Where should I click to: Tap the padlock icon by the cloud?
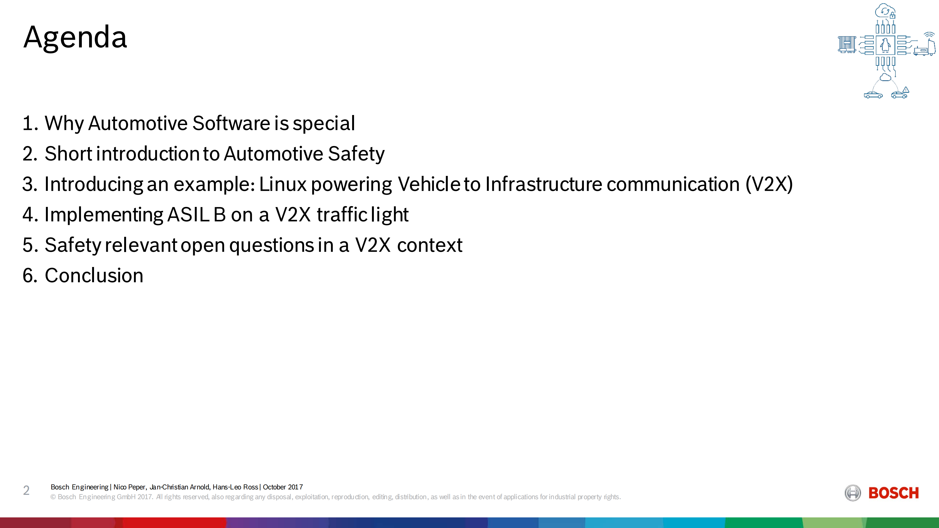tap(892, 15)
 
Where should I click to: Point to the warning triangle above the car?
tap(906, 90)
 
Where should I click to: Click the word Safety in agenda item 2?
tap(356, 154)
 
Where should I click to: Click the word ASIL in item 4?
tap(188, 215)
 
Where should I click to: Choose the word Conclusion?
tap(94, 275)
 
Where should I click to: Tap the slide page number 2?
tap(26, 490)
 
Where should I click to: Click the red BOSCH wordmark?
tap(893, 493)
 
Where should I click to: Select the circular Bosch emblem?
tap(853, 493)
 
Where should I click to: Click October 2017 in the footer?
tap(283, 487)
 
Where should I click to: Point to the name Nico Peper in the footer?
tap(129, 487)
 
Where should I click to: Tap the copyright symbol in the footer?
tap(53, 497)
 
